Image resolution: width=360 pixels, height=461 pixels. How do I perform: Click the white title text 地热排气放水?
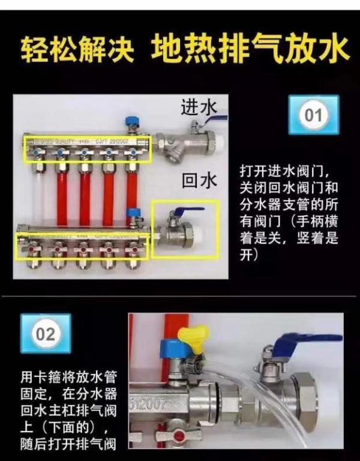[x=248, y=49]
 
